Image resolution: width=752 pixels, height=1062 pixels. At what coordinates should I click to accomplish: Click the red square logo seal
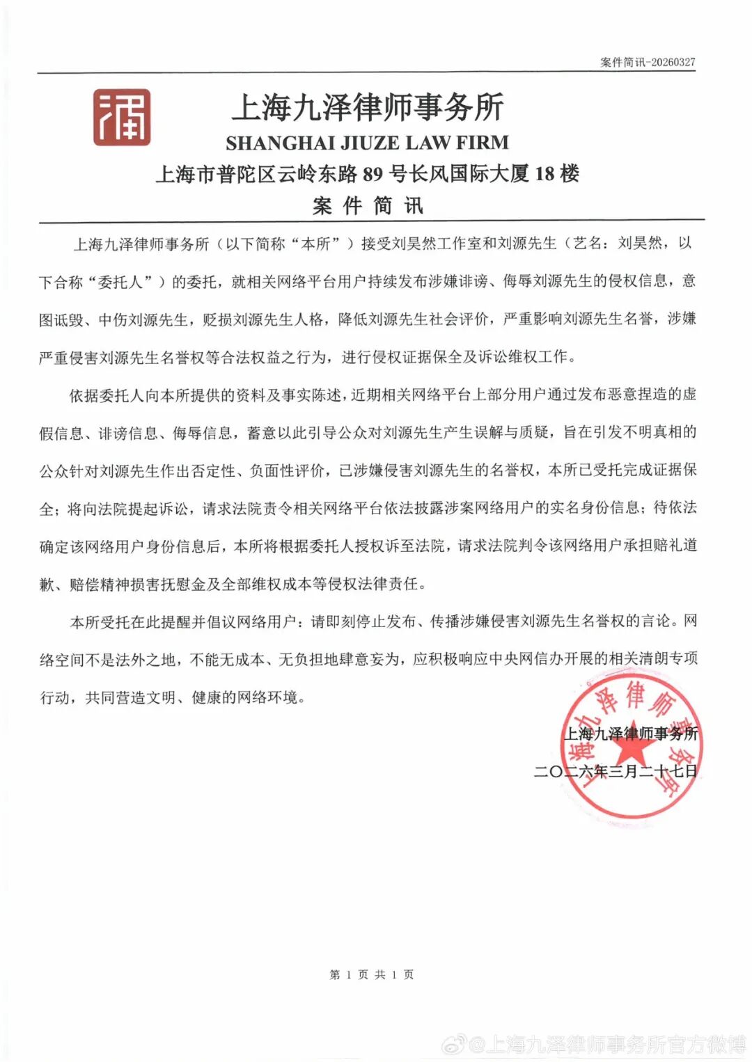(x=122, y=117)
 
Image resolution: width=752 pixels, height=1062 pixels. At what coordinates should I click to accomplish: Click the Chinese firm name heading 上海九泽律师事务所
(x=367, y=107)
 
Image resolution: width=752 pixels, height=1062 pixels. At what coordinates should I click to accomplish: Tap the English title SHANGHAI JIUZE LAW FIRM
(x=367, y=143)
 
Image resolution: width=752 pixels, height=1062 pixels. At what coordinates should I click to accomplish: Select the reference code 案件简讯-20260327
(x=648, y=62)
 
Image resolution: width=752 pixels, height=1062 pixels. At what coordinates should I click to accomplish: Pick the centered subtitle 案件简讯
(x=367, y=205)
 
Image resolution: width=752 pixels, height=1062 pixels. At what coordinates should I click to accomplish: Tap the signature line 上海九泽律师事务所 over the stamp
(x=630, y=734)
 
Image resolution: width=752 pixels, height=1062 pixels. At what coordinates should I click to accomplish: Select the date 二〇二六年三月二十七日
(x=616, y=771)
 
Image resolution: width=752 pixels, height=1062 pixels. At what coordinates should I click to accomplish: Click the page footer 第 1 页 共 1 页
(x=371, y=974)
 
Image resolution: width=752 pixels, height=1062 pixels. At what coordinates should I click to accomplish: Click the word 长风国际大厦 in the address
(x=469, y=173)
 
